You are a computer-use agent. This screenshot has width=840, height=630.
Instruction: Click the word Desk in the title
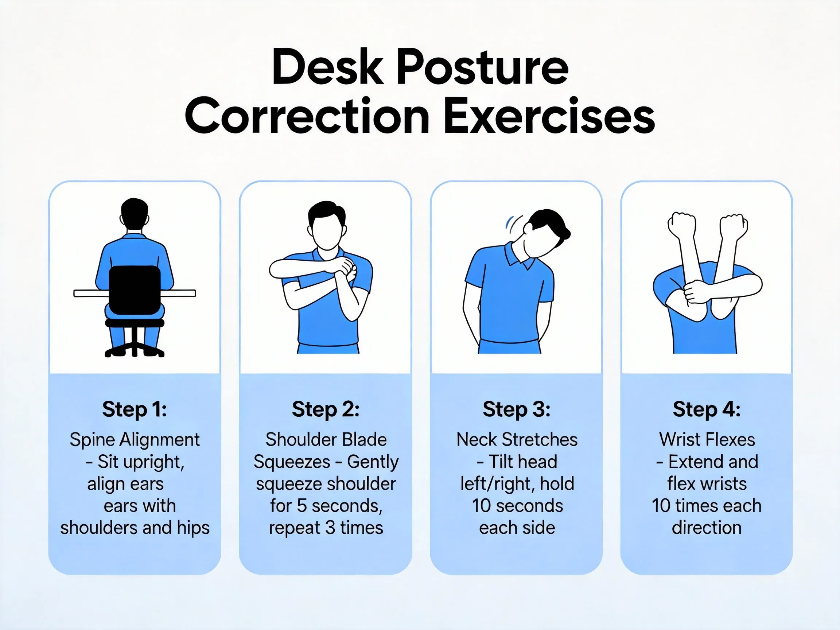[327, 68]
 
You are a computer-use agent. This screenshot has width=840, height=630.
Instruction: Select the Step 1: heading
[135, 409]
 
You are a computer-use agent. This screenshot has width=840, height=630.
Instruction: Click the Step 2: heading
[326, 409]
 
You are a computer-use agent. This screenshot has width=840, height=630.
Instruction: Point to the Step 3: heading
[516, 409]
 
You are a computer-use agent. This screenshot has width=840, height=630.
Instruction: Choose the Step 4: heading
[706, 409]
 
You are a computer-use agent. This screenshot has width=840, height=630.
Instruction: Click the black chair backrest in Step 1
[135, 289]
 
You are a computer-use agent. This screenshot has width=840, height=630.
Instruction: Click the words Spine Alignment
[135, 440]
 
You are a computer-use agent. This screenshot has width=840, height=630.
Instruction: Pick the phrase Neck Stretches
[517, 440]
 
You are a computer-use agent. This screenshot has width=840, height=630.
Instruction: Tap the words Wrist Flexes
[707, 440]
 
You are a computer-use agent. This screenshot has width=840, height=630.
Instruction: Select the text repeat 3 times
[326, 528]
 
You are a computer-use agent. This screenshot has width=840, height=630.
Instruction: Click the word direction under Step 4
[706, 528]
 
